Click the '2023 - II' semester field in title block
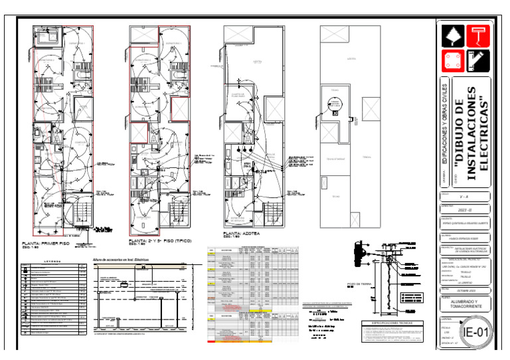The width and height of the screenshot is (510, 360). coord(464,209)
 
